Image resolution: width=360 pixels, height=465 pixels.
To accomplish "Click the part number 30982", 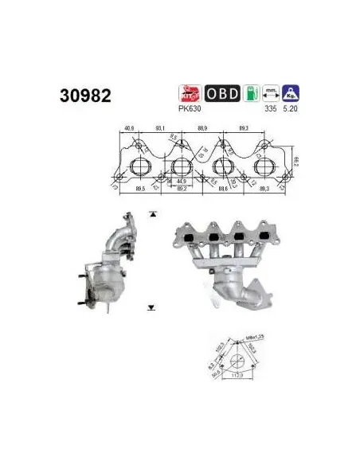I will click(85, 96).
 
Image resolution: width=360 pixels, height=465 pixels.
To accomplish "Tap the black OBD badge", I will click(222, 93).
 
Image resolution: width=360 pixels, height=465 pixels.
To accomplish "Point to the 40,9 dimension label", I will click(131, 127).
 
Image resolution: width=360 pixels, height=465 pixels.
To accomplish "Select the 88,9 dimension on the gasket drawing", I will click(202, 127).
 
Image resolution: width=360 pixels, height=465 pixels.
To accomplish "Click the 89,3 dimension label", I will click(245, 127).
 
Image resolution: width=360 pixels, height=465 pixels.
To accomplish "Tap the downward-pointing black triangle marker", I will click(151, 307).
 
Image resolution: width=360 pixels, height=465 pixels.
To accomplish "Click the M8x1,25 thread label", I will click(257, 337).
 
